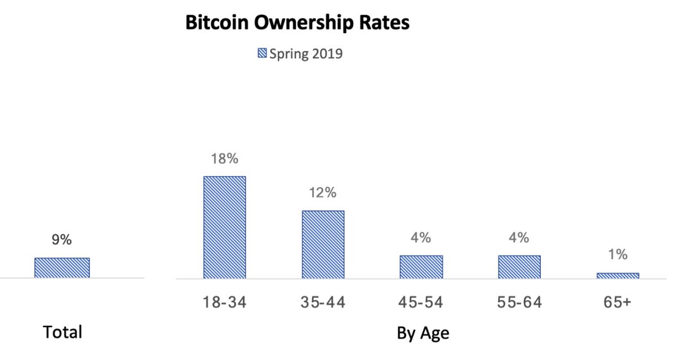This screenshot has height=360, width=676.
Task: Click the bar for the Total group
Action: tap(62, 268)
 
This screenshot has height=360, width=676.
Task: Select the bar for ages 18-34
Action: tap(224, 227)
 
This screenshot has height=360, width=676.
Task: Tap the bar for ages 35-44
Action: tap(323, 244)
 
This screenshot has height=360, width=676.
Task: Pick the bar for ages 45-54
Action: tap(421, 266)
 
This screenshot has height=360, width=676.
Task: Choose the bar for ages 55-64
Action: tap(519, 266)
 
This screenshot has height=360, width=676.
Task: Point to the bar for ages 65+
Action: tap(617, 275)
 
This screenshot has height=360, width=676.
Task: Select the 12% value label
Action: tap(323, 193)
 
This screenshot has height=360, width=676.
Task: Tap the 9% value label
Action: tap(62, 239)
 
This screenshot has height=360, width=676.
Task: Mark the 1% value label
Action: tap(617, 255)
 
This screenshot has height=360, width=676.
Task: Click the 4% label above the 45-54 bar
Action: tap(421, 237)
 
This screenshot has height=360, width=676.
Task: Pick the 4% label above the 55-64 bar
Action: tap(519, 237)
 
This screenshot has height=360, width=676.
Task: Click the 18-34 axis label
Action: tap(225, 303)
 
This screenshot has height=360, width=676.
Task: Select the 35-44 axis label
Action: tap(323, 303)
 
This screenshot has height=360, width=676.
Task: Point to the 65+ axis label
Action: tap(617, 303)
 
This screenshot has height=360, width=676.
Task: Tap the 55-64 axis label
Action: tap(519, 303)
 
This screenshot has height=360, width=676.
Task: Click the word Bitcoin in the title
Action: tap(215, 23)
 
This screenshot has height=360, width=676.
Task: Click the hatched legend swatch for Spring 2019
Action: tap(262, 54)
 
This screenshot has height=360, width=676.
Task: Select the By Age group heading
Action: tap(423, 333)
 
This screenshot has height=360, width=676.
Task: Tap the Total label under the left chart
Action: tap(63, 332)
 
